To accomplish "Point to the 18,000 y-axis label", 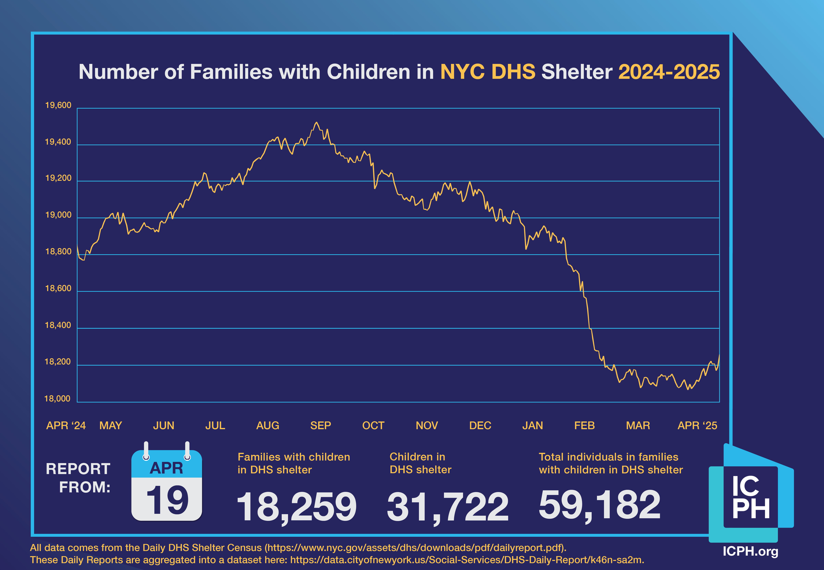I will coord(57,399).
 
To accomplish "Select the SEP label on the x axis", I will coord(320,425).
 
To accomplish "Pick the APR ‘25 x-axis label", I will coord(697,425).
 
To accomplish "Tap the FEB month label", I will coord(584,425).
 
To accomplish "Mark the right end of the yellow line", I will coord(719,355).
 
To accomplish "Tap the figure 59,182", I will coord(599,504).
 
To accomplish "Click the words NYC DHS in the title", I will coord(487,72).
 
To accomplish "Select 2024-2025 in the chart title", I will coord(669,72).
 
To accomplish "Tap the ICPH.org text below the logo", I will coord(750,551).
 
